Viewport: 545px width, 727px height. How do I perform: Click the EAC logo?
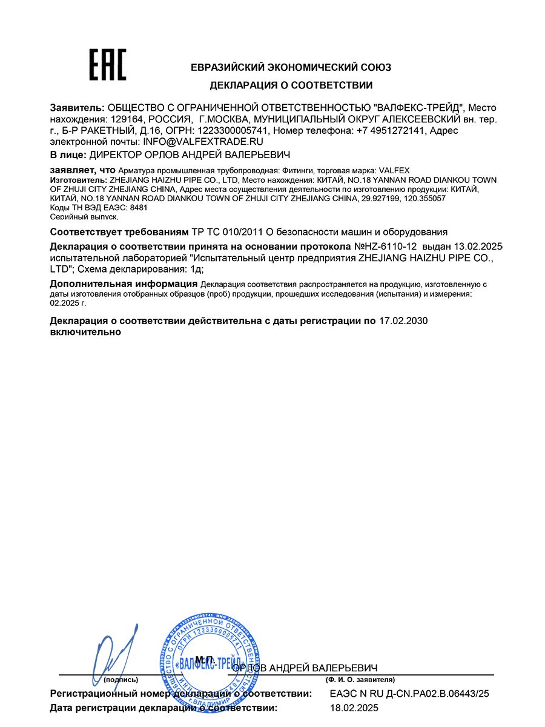108,65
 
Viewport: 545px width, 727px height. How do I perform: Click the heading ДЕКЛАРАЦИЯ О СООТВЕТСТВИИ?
291,85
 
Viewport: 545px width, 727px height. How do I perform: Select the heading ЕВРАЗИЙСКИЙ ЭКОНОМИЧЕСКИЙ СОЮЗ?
291,67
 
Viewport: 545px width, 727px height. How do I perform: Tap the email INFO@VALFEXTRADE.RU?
194,141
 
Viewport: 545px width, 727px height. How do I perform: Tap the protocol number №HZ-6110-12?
386,247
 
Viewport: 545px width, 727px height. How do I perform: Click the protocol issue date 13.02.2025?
475,247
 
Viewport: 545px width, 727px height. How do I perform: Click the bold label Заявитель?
77,107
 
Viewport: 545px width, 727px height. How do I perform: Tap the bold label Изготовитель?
78,181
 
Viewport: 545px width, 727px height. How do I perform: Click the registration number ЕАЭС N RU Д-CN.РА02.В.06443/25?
409,694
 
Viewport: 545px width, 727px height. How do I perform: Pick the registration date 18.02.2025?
354,707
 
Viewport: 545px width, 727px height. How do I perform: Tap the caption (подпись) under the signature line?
121,680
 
